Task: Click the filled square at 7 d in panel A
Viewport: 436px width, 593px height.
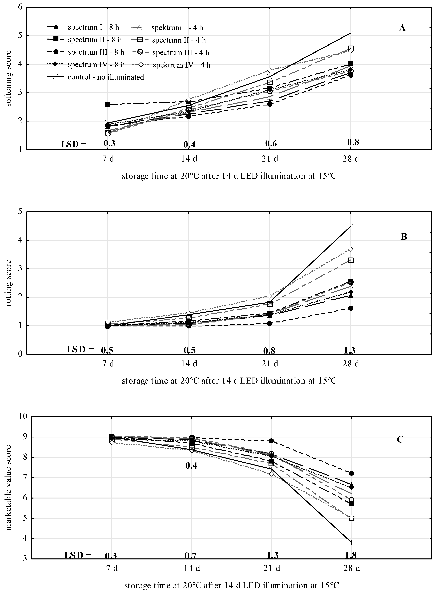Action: [108, 104]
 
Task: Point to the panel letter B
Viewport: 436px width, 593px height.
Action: [404, 237]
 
